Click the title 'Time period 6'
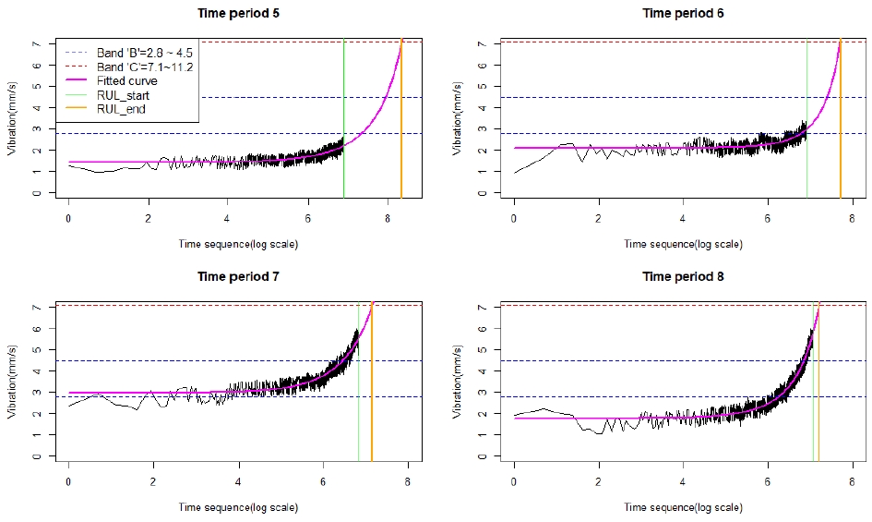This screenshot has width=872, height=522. pos(682,14)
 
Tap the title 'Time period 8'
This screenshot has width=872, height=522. pos(682,276)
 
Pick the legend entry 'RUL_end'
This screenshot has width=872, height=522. pos(121,109)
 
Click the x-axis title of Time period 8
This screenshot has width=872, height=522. pos(682,507)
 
